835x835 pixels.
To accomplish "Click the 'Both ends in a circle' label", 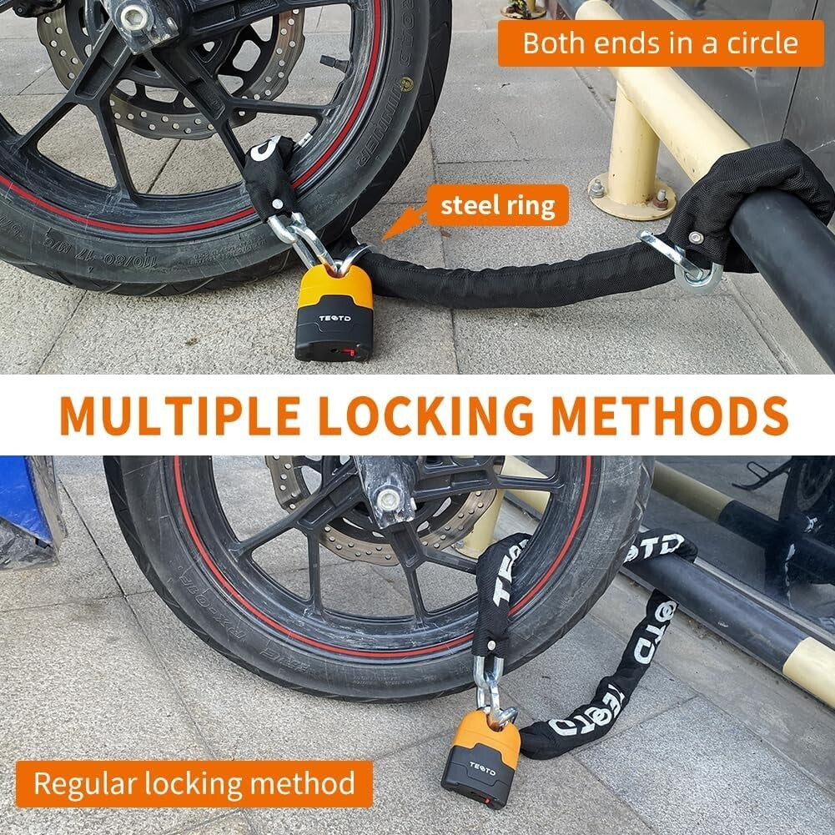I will (661, 43).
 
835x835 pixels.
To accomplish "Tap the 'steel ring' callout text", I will (498, 205).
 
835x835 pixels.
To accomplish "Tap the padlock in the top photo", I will (335, 313).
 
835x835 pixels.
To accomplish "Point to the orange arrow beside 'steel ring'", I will (399, 226).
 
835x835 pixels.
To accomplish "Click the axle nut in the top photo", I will (134, 14).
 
